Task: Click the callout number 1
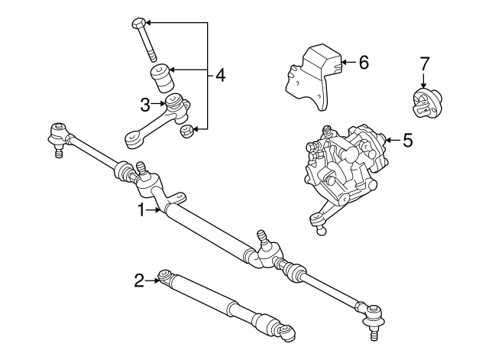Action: coord(141,209)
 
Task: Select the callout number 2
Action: coord(139,281)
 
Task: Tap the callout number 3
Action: coord(144,103)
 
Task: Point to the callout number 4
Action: coord(220,75)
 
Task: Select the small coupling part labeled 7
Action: coord(425,103)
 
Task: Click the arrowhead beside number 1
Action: coord(158,209)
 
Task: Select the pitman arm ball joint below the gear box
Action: coord(316,222)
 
